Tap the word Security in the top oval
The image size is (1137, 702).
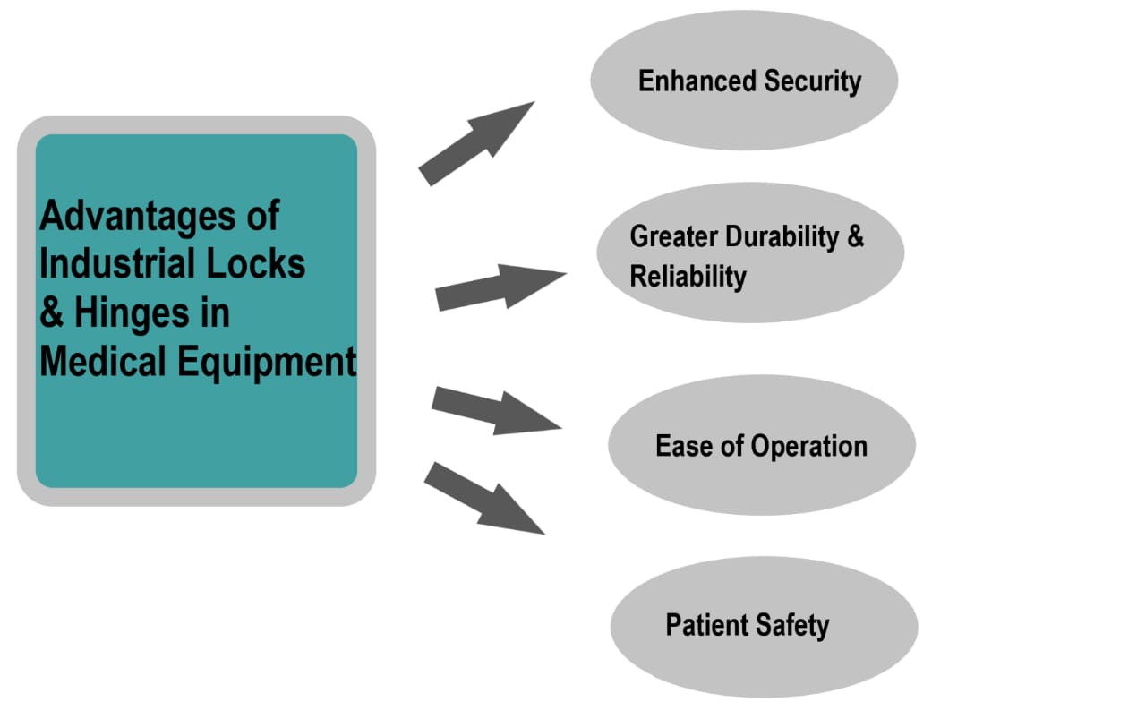(x=813, y=81)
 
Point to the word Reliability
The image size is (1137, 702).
(x=688, y=277)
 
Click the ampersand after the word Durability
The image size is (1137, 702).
(x=855, y=236)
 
